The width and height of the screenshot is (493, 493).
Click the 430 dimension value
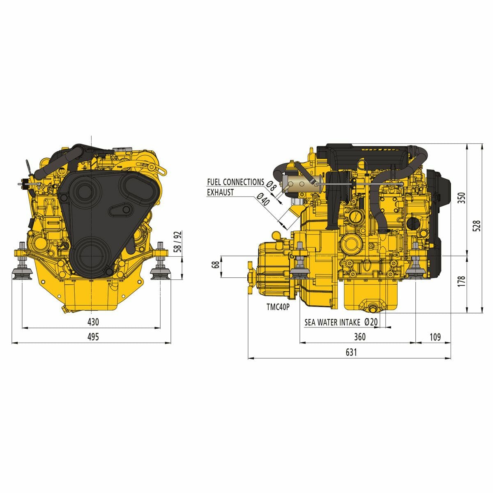[x=93, y=322]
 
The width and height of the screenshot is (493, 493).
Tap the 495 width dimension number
[x=93, y=337]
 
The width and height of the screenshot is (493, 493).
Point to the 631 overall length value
[x=351, y=352]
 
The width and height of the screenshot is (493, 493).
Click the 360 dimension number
[x=360, y=337]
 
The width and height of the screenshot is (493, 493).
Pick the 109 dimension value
[x=435, y=337]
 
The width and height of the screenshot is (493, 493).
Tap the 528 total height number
[x=477, y=226]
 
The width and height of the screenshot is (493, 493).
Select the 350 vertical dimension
[x=461, y=198]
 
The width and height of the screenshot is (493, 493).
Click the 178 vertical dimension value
[x=461, y=281]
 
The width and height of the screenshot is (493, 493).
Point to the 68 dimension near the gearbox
[x=215, y=265]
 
